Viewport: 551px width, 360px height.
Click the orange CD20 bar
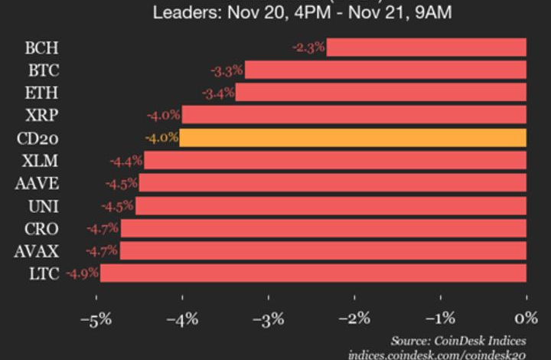pos(353,138)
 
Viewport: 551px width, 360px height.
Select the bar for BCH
pos(426,47)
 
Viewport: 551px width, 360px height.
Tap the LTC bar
pos(313,273)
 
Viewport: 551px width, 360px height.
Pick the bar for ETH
pos(381,93)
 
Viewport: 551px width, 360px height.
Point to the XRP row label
pos(42,116)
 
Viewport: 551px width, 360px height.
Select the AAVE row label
pos(37,183)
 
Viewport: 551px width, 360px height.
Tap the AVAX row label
pos(37,250)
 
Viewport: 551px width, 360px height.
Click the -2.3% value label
pos(308,47)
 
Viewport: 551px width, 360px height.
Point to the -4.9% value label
pos(82,273)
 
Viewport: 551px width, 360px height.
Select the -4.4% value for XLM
pos(126,161)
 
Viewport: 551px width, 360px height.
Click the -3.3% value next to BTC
pos(227,70)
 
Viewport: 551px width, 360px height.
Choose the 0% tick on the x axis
pos(526,317)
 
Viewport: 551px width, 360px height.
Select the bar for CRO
pos(323,228)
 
